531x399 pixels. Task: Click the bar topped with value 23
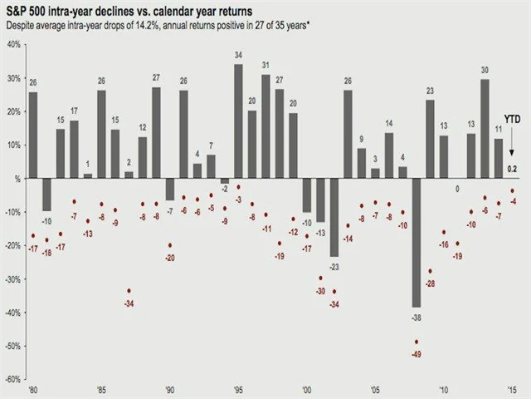pos(430,140)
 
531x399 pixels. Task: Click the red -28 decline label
pos(430,284)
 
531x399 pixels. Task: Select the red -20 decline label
pos(170,258)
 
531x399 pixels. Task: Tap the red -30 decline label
pos(320,291)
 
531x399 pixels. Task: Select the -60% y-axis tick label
pos(14,379)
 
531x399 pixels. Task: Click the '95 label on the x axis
pos(239,389)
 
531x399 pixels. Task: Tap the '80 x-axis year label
pos(33,389)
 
